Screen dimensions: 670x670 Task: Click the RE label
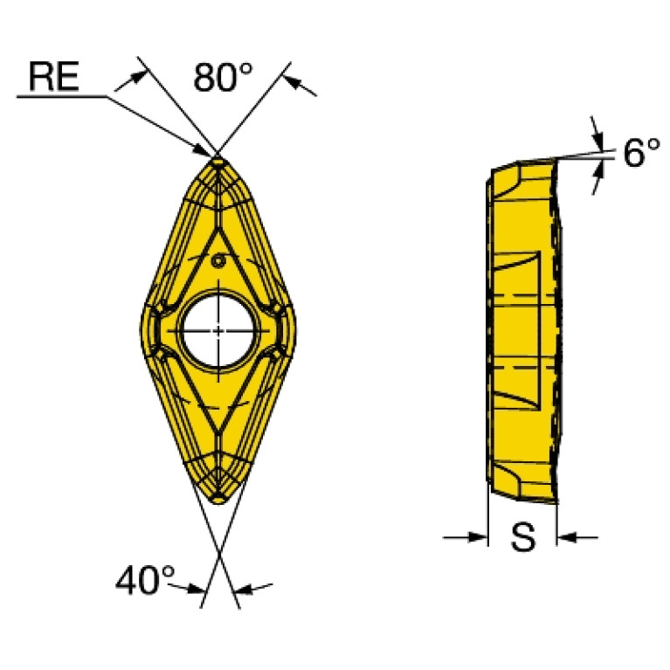[x=54, y=76]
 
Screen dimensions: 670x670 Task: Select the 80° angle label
[x=223, y=78]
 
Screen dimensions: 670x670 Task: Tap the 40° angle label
[x=145, y=580]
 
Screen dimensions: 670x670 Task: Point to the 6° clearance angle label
[x=641, y=153]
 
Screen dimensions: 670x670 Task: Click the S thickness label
[x=522, y=536]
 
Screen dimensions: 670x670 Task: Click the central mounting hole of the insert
[x=218, y=330]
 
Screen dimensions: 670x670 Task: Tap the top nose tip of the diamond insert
[x=218, y=158]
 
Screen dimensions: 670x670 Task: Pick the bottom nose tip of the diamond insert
[x=218, y=503]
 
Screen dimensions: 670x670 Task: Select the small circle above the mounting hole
[x=218, y=260]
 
